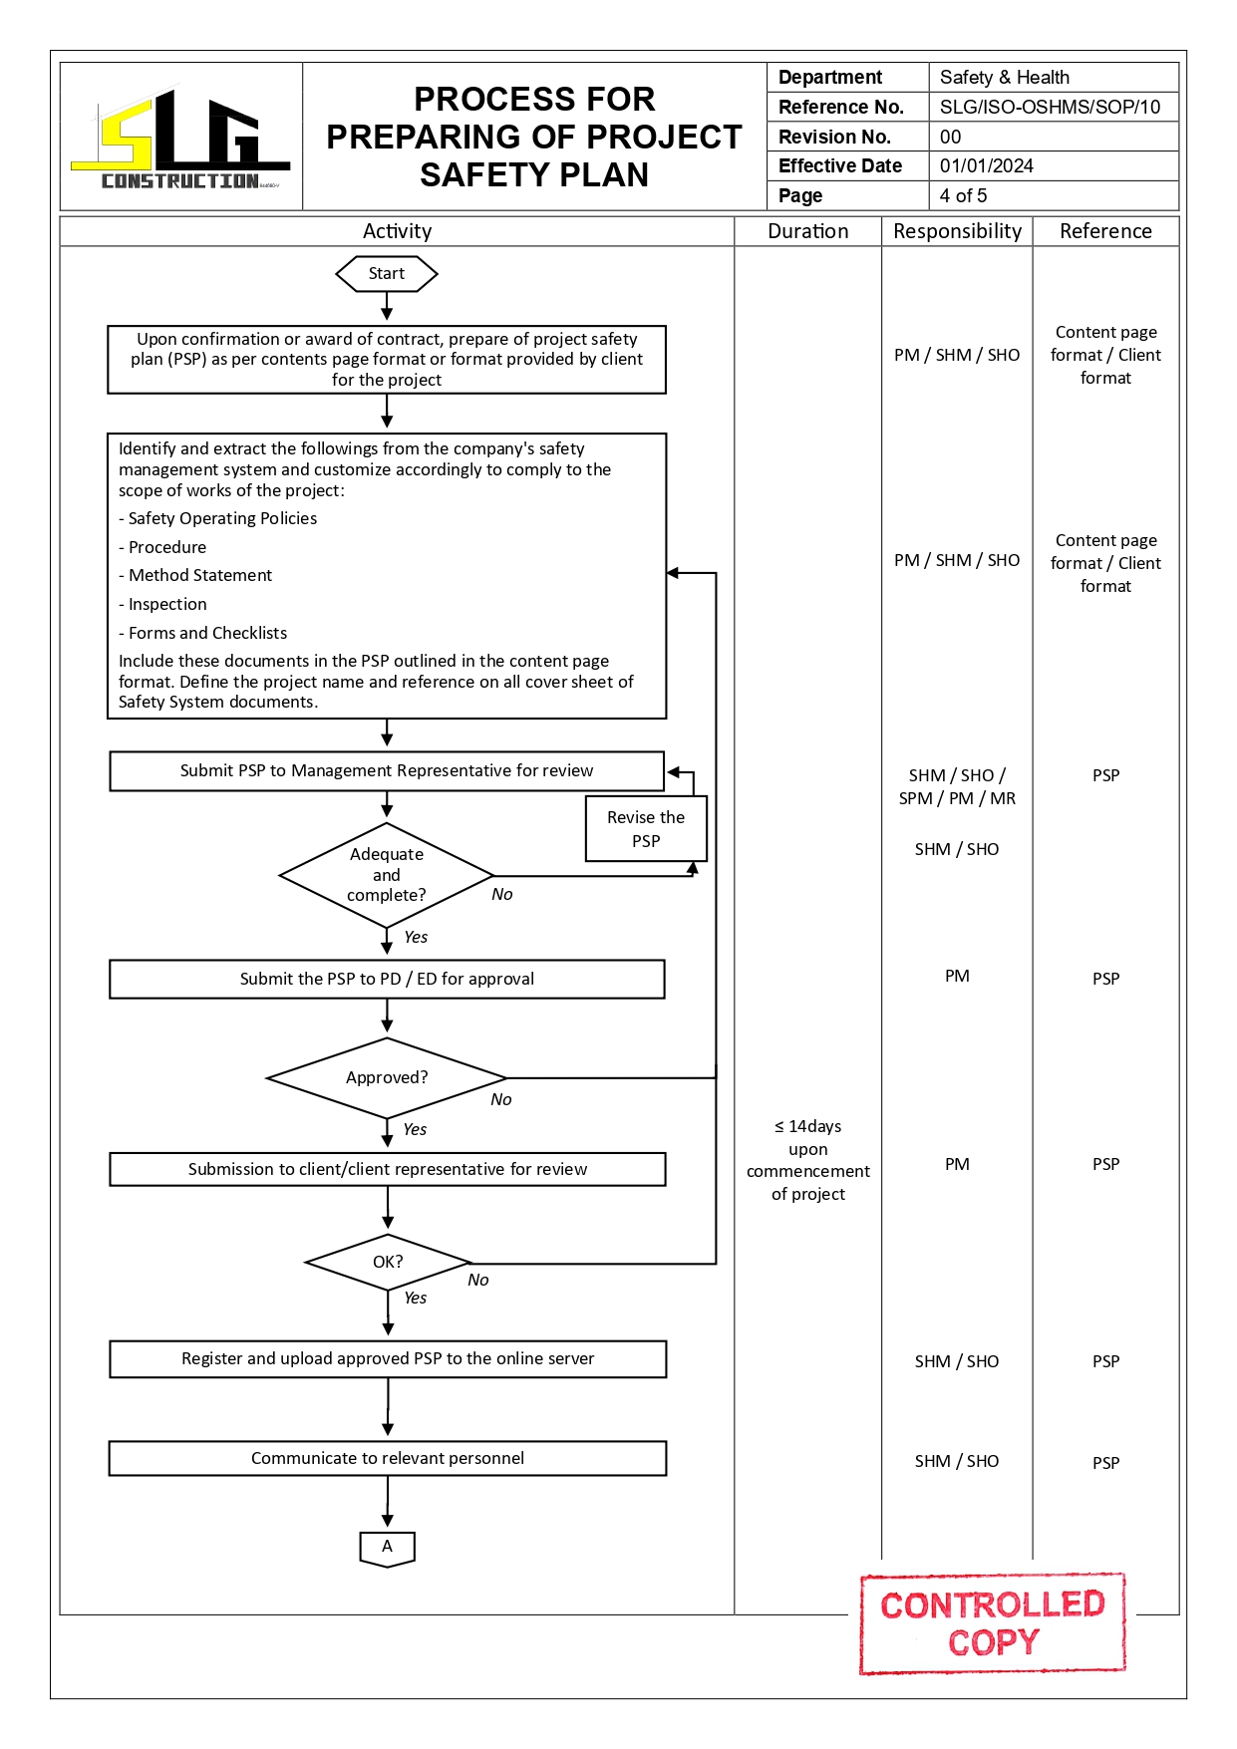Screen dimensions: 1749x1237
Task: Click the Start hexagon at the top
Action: [x=387, y=274]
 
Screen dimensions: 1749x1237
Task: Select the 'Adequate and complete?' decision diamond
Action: [x=387, y=875]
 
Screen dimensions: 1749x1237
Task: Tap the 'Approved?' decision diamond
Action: [x=387, y=1078]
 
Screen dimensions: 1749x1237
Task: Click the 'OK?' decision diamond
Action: [x=388, y=1262]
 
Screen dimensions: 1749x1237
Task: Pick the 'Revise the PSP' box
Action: [x=646, y=829]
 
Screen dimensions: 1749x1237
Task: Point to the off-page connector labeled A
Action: [x=387, y=1548]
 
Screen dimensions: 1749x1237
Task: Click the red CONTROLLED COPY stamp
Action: [x=993, y=1623]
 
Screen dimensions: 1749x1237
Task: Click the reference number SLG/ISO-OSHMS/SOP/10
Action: [x=1050, y=107]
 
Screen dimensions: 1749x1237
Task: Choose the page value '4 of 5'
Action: [x=963, y=195]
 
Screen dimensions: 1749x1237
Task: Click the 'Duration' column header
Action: [x=807, y=231]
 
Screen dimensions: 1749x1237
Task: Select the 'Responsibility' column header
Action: [x=957, y=231]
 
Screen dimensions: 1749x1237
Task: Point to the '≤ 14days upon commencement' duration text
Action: [x=807, y=1160]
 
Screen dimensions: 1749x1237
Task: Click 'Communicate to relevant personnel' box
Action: [x=387, y=1458]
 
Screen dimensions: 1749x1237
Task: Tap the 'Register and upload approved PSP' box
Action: [x=387, y=1358]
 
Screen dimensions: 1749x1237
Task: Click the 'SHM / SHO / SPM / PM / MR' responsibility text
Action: [x=957, y=786]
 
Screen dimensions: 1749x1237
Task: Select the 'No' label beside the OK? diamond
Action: [x=478, y=1281]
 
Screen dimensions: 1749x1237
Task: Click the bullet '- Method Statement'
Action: [x=199, y=575]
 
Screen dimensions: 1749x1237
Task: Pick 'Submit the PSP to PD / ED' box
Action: [x=387, y=979]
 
